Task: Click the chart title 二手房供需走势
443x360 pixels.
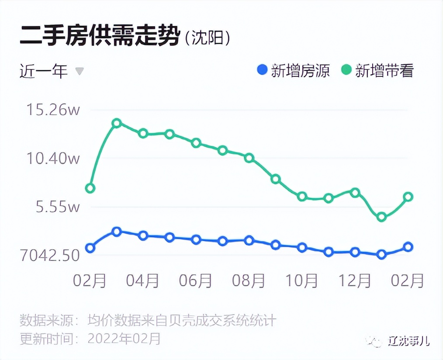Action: [x=100, y=36]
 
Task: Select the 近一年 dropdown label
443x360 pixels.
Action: [x=44, y=71]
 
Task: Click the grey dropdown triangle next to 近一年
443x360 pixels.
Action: [x=80, y=71]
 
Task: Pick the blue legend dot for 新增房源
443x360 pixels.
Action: [x=262, y=70]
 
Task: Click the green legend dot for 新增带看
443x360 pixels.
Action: [x=346, y=70]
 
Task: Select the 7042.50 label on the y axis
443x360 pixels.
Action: [x=50, y=255]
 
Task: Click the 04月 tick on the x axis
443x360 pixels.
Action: [x=143, y=281]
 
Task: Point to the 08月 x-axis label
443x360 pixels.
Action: [x=249, y=281]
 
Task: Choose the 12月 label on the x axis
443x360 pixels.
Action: [x=355, y=281]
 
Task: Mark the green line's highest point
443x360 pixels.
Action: [x=117, y=123]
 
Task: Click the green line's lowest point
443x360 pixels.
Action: [x=381, y=217]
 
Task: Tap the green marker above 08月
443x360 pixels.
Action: [x=249, y=158]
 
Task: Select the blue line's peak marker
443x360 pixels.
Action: [x=117, y=232]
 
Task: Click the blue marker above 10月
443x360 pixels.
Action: [x=302, y=248]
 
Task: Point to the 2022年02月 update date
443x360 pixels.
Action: [x=125, y=339]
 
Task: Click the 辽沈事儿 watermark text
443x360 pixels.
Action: [x=409, y=341]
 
